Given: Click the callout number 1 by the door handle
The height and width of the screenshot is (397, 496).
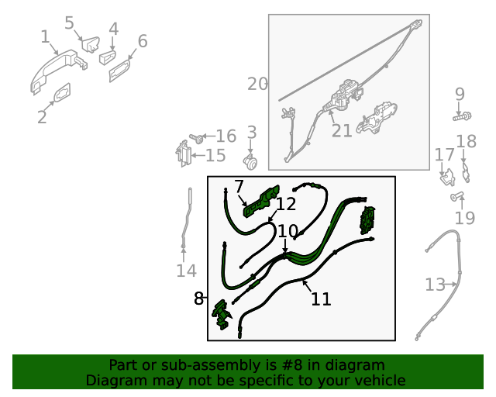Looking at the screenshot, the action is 46,36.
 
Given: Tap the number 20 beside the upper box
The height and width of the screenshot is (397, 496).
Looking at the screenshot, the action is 257,85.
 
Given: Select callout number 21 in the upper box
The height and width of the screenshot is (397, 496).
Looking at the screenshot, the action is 342,130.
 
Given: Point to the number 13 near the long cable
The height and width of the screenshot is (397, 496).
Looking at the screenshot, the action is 435,285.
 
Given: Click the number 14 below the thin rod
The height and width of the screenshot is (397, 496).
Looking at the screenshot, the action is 186,271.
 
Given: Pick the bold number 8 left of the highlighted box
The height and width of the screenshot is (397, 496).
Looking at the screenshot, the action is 198,299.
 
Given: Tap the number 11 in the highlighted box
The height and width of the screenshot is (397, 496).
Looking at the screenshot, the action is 321,299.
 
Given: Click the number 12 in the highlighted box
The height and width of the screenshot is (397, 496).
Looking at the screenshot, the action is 286,204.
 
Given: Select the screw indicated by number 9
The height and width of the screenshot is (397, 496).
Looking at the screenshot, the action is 462,116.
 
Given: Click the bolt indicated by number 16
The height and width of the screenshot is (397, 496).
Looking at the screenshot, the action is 196,138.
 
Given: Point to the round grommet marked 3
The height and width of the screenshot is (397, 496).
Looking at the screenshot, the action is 250,162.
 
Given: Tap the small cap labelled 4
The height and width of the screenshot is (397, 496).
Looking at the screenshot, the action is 108,57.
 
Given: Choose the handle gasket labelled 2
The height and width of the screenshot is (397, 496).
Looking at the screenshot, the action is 62,93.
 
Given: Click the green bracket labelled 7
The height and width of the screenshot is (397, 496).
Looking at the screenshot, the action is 261,202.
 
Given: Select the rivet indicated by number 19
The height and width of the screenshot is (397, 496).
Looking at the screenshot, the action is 456,195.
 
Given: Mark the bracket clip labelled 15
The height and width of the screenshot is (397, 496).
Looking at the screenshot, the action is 184,154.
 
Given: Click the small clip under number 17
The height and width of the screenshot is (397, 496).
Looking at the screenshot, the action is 448,178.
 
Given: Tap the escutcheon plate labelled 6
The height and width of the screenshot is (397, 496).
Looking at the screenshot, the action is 119,71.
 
